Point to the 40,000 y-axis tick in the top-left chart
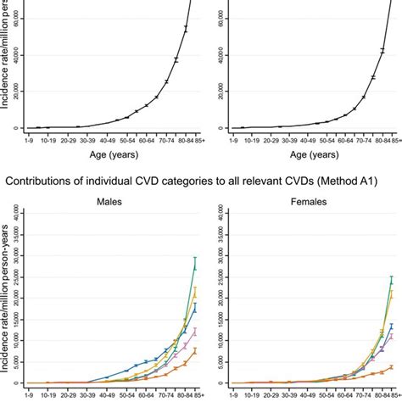[x=18, y=55]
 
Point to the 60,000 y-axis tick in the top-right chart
[x=215, y=17]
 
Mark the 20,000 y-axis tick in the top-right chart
[x=215, y=92]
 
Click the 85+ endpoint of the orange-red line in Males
[x=195, y=351]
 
